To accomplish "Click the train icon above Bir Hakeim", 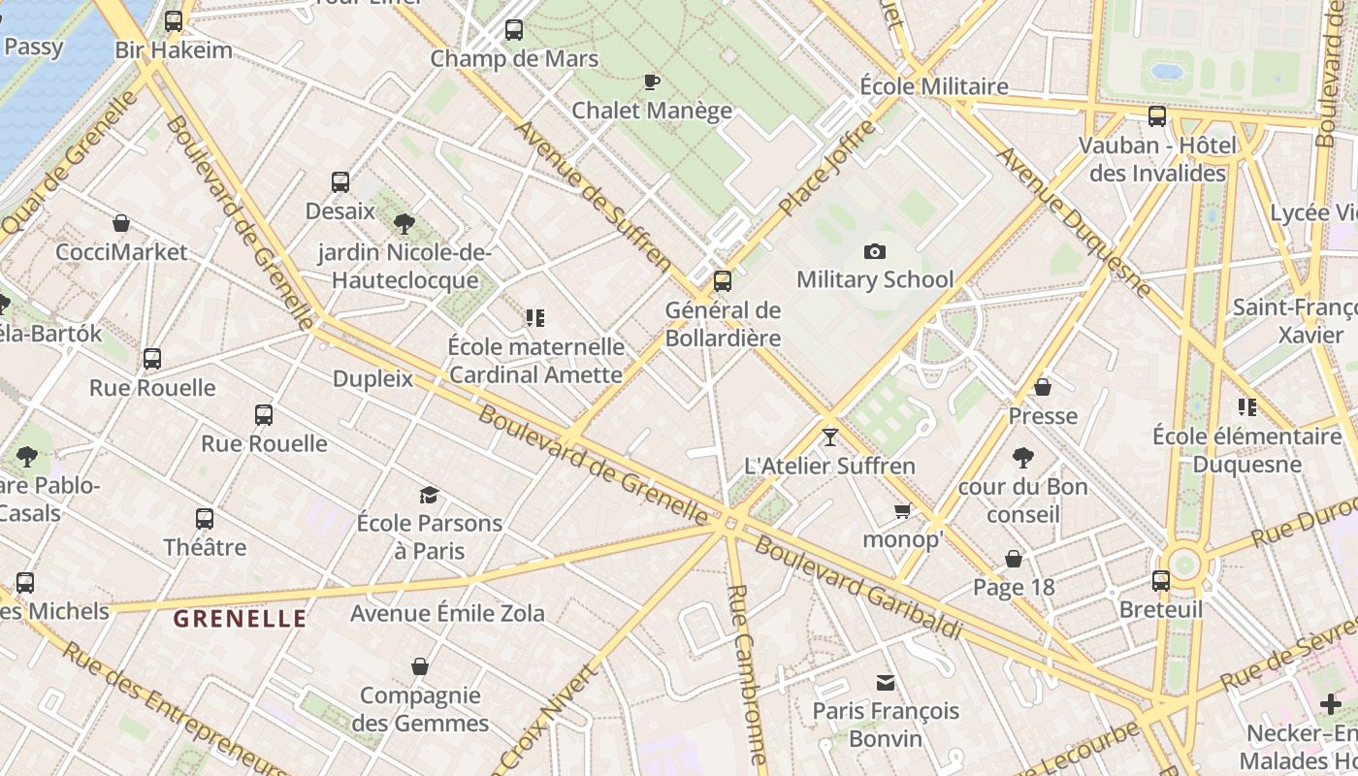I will [x=174, y=20].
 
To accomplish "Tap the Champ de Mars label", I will [x=514, y=58].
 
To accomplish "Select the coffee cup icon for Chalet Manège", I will [x=652, y=81].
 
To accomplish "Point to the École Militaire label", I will [x=934, y=86].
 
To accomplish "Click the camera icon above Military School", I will [x=875, y=252].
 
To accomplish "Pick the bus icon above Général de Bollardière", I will [x=723, y=281].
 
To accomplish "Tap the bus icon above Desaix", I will [x=339, y=182].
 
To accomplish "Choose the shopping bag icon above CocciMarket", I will [x=121, y=224].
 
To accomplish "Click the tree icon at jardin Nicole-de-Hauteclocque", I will [x=404, y=225].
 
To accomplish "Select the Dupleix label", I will [x=372, y=378].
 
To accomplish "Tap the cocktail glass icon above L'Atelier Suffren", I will [x=829, y=437].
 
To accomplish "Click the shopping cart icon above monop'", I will [x=903, y=510].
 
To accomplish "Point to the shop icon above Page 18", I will [x=1014, y=559].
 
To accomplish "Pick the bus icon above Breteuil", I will [x=1161, y=581].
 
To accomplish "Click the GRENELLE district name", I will [x=240, y=618].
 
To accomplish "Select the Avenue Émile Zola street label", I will [x=447, y=613].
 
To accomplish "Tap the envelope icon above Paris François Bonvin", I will [x=886, y=683].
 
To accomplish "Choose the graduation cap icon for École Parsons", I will [x=429, y=496].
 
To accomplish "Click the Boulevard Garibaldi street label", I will [x=858, y=588].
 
